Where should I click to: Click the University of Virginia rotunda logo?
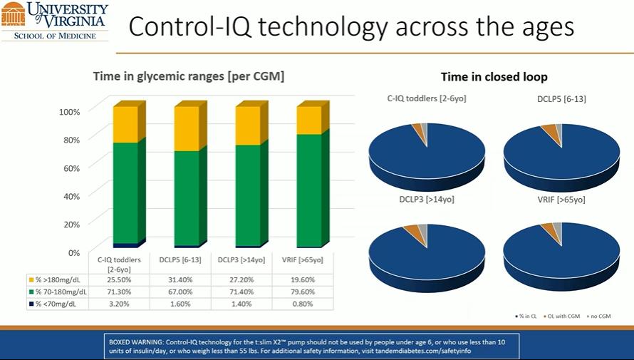(x=13, y=14)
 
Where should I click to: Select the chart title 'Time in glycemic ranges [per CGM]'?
(x=189, y=76)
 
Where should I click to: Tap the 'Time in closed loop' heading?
(x=494, y=77)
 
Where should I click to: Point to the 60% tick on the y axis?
(x=71, y=168)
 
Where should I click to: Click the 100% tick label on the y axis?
(x=70, y=112)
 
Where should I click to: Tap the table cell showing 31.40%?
(x=180, y=279)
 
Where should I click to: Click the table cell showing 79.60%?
(x=303, y=292)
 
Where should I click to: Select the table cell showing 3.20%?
(x=119, y=304)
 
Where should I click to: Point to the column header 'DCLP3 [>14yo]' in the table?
(x=241, y=259)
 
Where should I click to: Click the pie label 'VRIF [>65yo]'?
(x=561, y=200)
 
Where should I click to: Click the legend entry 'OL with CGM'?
(x=561, y=316)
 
